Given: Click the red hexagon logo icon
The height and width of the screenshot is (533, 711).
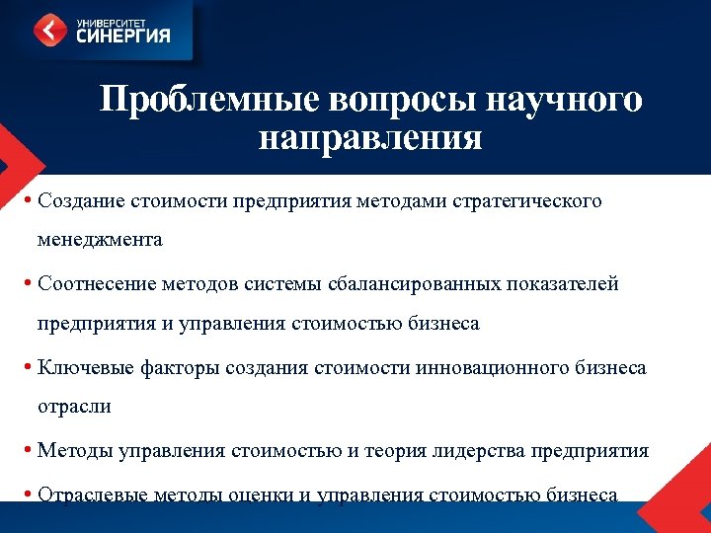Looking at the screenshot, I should click(50, 30).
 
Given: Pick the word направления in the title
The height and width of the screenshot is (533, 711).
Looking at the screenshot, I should click(370, 138).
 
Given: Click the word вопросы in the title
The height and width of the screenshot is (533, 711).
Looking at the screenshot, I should click(396, 101).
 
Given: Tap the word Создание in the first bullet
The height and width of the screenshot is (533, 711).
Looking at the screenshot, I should click(81, 201).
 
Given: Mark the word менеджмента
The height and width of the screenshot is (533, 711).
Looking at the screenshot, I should click(100, 239).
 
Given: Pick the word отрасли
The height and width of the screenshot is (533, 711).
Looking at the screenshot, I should click(74, 406).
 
